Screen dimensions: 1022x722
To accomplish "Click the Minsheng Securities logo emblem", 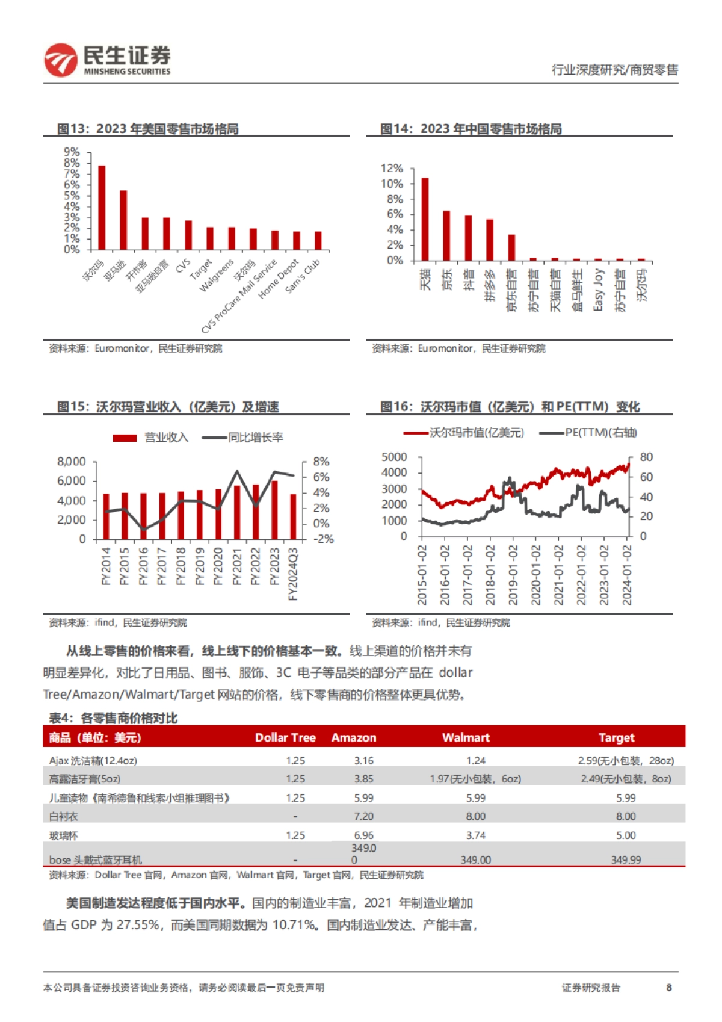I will click(x=61, y=60).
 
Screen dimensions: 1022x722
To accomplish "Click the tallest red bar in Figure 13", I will click(x=102, y=207).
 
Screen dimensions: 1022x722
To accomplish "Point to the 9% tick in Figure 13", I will click(x=72, y=152).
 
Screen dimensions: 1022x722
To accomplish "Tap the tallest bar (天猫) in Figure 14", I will click(x=425, y=219).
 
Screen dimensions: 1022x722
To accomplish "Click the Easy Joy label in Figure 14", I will click(x=598, y=290).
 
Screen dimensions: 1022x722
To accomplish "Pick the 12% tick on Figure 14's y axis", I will click(x=392, y=169).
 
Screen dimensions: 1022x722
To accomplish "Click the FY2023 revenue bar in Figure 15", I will click(x=274, y=510).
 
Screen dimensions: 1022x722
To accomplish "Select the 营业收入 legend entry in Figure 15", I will click(x=151, y=438).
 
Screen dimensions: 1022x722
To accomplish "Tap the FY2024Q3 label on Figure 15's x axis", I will click(x=293, y=574).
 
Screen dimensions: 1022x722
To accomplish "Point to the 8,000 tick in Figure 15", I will click(x=72, y=462).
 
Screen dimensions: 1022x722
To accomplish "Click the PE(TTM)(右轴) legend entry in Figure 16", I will click(x=588, y=433).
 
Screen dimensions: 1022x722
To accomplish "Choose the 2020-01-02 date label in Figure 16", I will click(x=535, y=575).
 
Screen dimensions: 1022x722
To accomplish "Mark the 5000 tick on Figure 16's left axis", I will click(x=394, y=457).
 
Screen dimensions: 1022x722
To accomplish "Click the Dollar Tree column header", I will click(x=285, y=737).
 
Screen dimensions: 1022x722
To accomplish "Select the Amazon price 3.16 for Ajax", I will click(x=363, y=761).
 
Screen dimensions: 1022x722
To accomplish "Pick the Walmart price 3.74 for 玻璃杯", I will click(x=475, y=835).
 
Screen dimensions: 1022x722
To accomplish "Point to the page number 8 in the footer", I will click(x=669, y=988).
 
